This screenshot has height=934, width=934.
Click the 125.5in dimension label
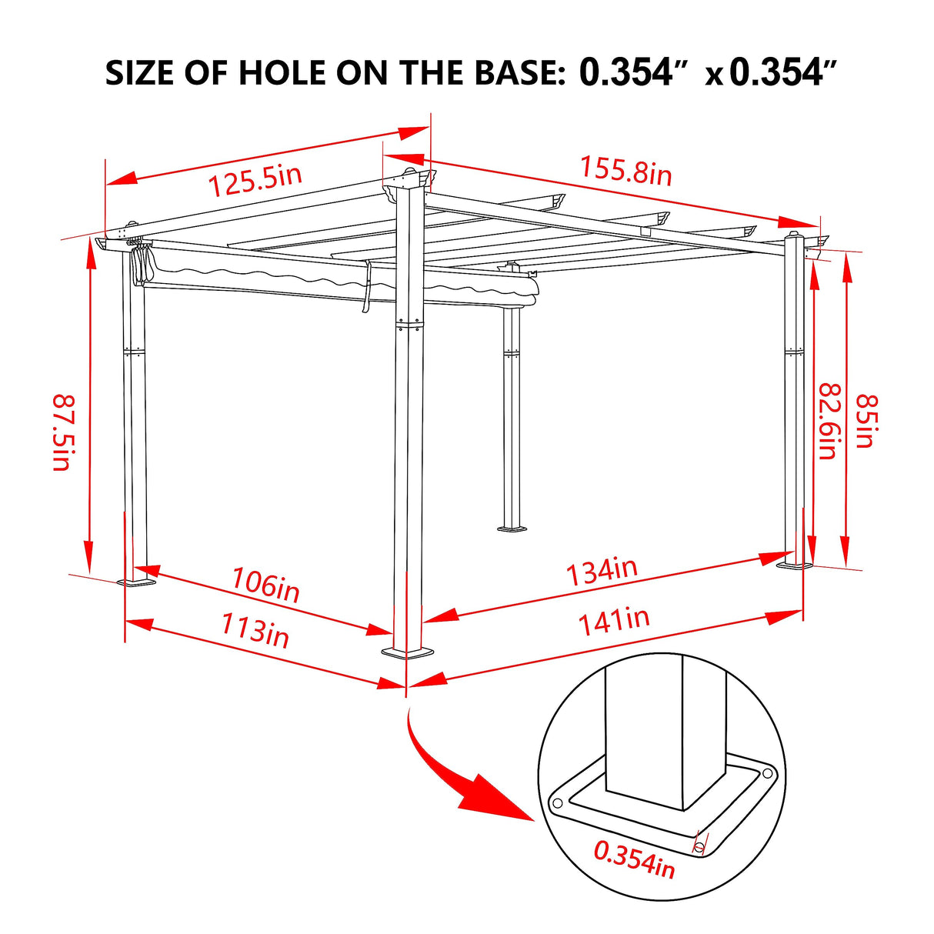click(255, 180)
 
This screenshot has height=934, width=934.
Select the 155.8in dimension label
click(625, 171)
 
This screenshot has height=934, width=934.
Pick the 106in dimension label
click(265, 585)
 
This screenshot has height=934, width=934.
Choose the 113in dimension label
click(255, 631)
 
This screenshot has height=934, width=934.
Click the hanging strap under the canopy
click(366, 288)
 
